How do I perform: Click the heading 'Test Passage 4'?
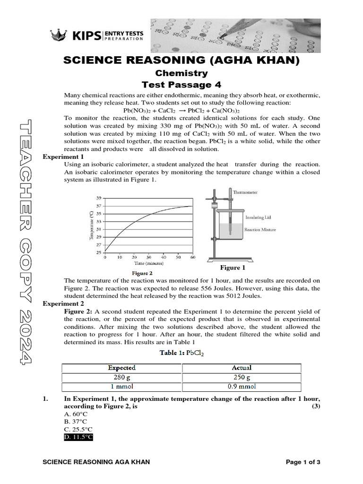[x=181, y=85]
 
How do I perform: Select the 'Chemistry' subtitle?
[x=181, y=73]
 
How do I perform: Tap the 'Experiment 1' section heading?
[x=63, y=157]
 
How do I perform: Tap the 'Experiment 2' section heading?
[x=63, y=303]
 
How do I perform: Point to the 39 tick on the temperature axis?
[x=99, y=198]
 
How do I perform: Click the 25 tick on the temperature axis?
[x=99, y=252]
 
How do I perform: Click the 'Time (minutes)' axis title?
[x=149, y=263]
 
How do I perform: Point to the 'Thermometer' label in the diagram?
[x=245, y=192]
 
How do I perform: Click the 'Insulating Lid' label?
[x=258, y=218]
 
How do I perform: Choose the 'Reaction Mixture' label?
[x=260, y=230]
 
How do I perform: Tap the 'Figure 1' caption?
[x=231, y=268]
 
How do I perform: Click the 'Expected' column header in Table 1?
[x=121, y=368]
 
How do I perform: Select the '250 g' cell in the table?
[x=242, y=377]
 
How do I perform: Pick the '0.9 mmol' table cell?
[x=242, y=386]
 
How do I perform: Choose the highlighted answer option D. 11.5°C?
[x=78, y=438]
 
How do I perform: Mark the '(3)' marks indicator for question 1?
[x=316, y=406]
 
